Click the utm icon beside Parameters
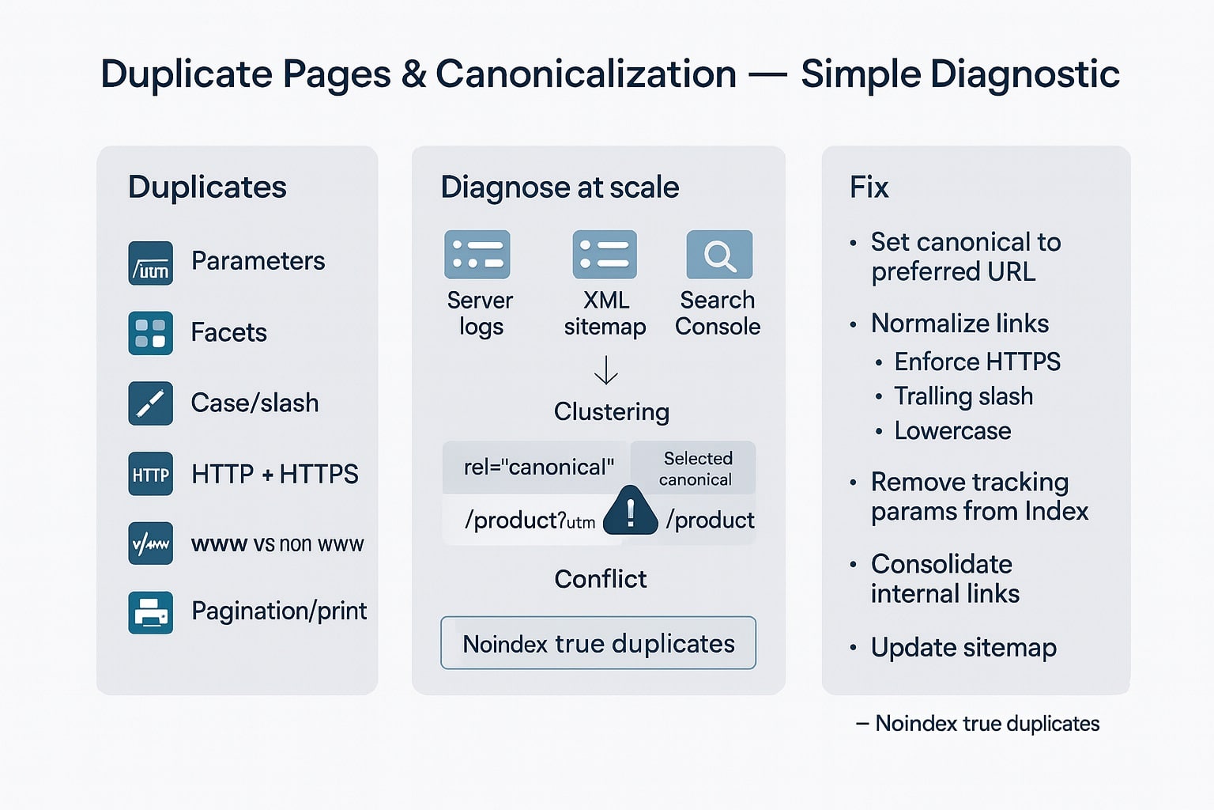click(x=150, y=263)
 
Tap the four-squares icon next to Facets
click(x=150, y=333)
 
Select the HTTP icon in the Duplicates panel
click(x=150, y=474)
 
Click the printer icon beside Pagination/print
click(x=150, y=612)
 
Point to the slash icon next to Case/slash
click(x=150, y=403)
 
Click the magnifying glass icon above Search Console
click(x=719, y=255)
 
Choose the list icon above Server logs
click(x=477, y=255)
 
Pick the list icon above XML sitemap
click(x=605, y=255)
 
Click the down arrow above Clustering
click(x=606, y=370)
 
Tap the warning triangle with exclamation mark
click(x=630, y=513)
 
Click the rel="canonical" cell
click(x=537, y=467)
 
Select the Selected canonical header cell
click(x=696, y=468)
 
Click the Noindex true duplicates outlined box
click(x=598, y=643)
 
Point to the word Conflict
click(x=600, y=579)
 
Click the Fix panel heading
click(x=869, y=187)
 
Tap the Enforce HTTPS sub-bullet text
click(x=977, y=361)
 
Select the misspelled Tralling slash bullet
click(x=963, y=396)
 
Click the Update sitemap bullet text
click(x=963, y=648)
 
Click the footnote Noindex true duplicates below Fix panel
click(x=986, y=724)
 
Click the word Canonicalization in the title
click(x=586, y=74)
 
